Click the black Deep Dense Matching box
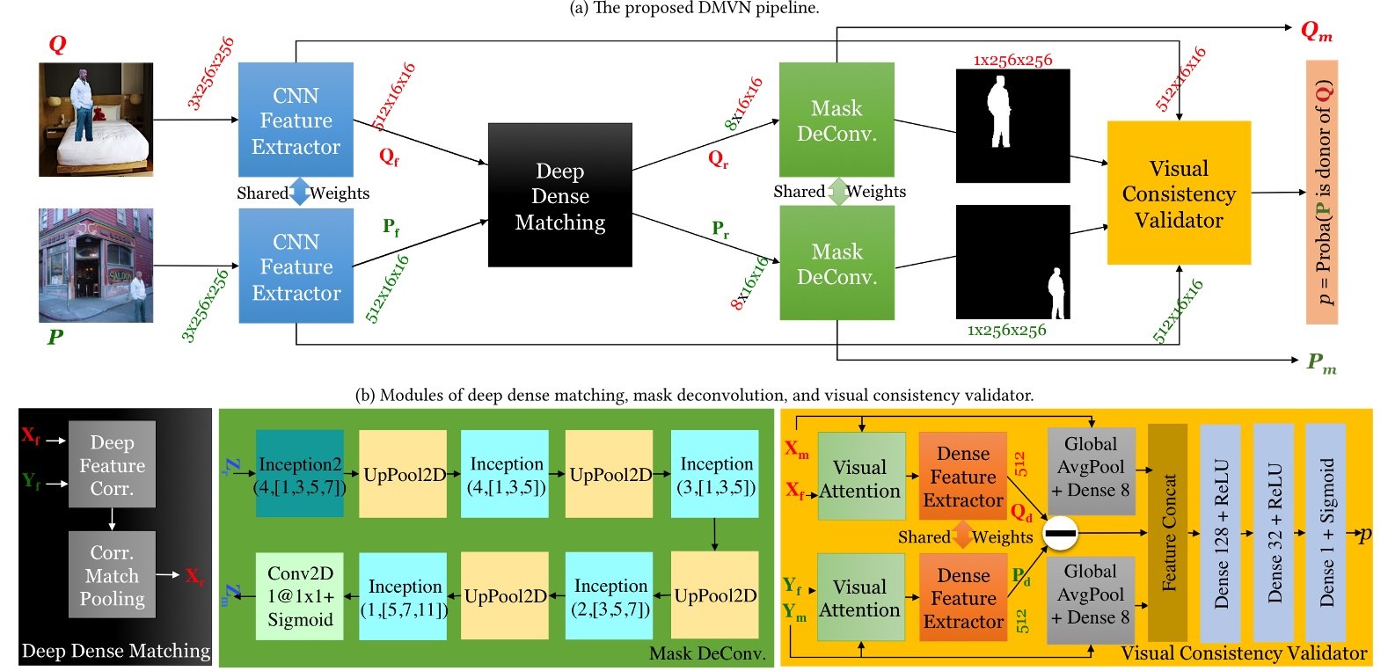559,195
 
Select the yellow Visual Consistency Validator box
1179,193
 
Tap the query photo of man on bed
96,120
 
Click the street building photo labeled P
96,266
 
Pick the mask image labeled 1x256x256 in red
1012,127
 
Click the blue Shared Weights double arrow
300,192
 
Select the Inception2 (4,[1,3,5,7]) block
300,474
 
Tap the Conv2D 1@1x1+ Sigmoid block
300,595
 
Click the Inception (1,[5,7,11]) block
405,595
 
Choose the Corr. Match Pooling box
112,574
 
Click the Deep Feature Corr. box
112,464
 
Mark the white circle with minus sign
1060,533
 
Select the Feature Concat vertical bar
1168,533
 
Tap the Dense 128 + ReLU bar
1220,533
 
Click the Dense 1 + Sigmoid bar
1326,533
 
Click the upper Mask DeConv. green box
836,120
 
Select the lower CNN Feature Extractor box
296,266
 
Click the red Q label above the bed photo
57,44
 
